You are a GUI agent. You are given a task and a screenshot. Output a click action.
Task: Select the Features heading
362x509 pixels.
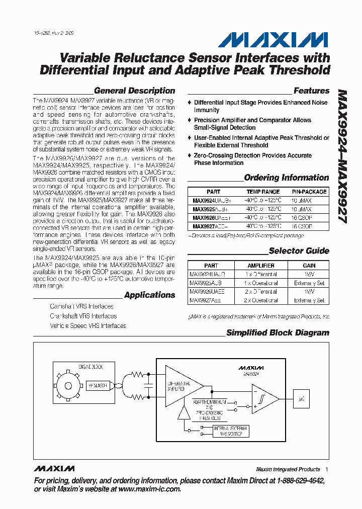[x=311, y=91]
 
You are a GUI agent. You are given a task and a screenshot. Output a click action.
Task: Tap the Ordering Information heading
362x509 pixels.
[x=286, y=178]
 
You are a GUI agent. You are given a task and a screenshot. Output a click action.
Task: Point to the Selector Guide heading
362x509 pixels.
[x=299, y=251]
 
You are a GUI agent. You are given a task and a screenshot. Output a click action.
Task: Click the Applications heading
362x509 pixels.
[x=149, y=295]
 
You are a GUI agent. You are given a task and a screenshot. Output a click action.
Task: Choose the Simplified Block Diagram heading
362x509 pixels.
[x=278, y=333]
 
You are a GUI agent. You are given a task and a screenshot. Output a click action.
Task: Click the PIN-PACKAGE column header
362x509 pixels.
[x=309, y=192]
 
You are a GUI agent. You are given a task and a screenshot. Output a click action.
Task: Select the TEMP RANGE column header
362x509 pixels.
[x=263, y=192]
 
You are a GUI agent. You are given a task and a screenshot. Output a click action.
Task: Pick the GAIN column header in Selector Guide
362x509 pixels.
[x=309, y=266]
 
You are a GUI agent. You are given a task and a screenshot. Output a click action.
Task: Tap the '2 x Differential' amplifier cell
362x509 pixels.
[x=261, y=292]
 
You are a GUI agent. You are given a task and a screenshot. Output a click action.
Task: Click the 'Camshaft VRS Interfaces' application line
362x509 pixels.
[x=81, y=306]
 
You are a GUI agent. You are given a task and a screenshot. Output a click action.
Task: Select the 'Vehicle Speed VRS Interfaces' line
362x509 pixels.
[x=87, y=326]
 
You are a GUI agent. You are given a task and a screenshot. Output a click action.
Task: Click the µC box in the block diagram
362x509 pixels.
[x=301, y=398]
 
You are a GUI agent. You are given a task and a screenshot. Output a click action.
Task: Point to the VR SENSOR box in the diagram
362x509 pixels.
[x=98, y=385]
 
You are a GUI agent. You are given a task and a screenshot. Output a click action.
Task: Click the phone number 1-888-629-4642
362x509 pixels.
[x=296, y=481]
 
